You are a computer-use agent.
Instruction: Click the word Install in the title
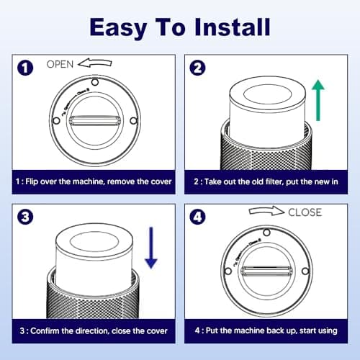[233, 27]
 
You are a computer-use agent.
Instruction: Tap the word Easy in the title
[117, 29]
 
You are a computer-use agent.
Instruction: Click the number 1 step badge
[25, 68]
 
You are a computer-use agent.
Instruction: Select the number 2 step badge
[197, 68]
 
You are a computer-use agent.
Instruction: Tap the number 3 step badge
[25, 217]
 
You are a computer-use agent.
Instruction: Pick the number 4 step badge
[197, 217]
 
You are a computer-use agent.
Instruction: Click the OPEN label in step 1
[60, 64]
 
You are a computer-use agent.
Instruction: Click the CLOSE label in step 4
[305, 212]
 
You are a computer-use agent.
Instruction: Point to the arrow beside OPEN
[95, 63]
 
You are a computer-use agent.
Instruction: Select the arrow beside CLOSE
[266, 211]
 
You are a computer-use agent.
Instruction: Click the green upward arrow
[318, 100]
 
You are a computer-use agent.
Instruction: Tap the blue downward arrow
[151, 248]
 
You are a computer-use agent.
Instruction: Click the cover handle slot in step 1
[95, 120]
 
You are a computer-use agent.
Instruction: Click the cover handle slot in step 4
[266, 271]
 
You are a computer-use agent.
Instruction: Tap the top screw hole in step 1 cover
[95, 82]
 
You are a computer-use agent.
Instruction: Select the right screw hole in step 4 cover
[305, 271]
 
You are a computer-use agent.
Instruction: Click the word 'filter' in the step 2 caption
[274, 181]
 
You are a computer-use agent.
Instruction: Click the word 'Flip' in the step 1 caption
[32, 182]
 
